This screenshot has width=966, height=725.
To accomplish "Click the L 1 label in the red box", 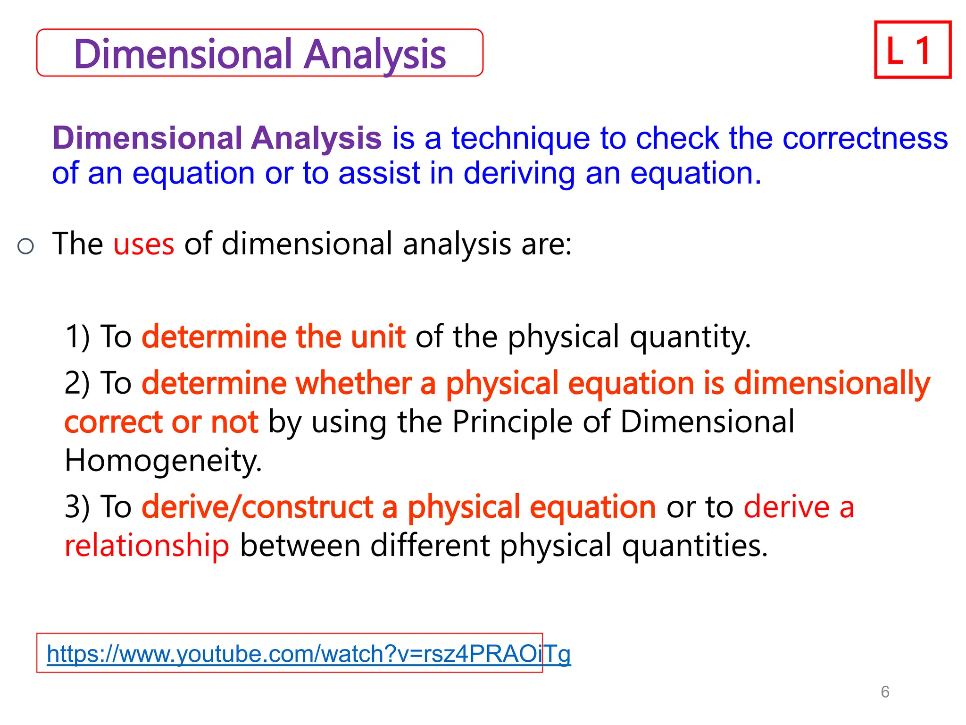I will (912, 50).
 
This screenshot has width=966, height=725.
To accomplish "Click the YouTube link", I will (308, 654).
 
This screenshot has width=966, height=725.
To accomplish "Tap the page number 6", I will (885, 692).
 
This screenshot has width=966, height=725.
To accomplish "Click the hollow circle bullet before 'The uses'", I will (25, 246).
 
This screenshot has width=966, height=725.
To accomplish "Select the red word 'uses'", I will (144, 244).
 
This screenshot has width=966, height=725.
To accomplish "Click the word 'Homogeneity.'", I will (163, 460).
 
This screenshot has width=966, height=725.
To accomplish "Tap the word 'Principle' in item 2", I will (512, 422).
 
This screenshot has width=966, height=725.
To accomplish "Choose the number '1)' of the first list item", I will (77, 337).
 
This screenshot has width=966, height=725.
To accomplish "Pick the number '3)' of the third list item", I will (77, 507).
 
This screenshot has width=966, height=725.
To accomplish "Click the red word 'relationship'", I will (147, 546).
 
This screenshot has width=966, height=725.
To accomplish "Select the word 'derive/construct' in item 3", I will (258, 507).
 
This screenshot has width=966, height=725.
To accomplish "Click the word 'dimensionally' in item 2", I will (832, 383).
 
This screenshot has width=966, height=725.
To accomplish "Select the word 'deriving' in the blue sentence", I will (519, 174).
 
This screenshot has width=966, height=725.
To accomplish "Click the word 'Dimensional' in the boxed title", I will (183, 54).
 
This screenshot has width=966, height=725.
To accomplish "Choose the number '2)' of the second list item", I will (77, 383).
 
